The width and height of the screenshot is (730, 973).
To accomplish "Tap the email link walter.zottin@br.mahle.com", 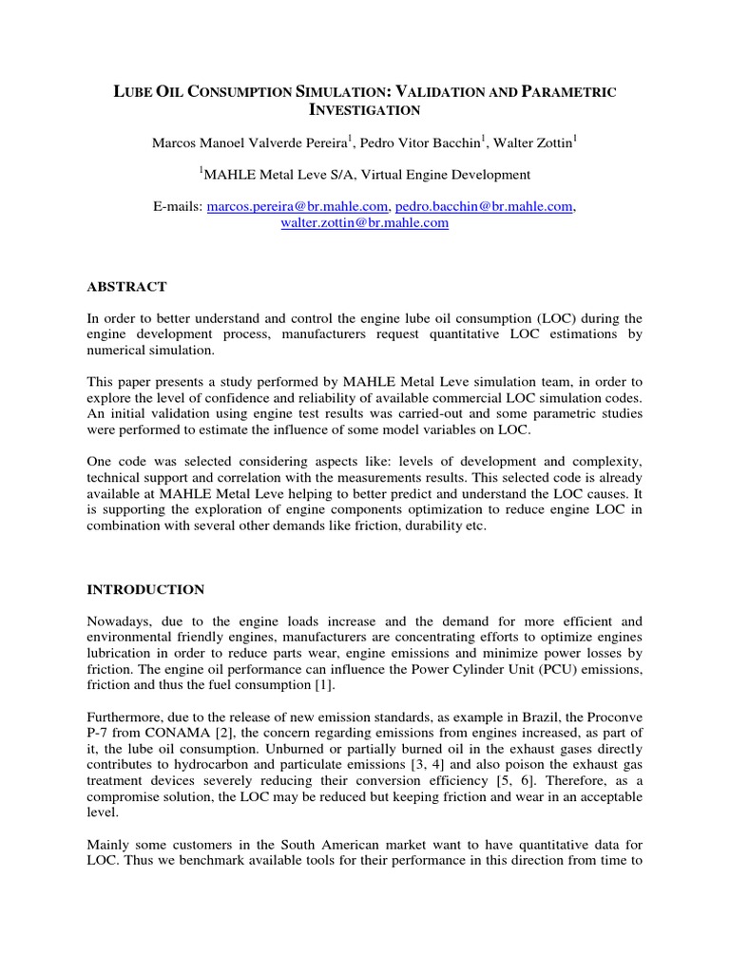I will point(364,223).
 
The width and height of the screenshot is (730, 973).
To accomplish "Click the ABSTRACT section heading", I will point(126,287).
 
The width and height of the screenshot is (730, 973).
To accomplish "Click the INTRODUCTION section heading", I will point(145,589).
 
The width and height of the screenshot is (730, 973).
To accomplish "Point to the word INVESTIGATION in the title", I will point(365,110).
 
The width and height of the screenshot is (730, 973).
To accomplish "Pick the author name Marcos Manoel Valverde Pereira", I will point(250,143).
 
